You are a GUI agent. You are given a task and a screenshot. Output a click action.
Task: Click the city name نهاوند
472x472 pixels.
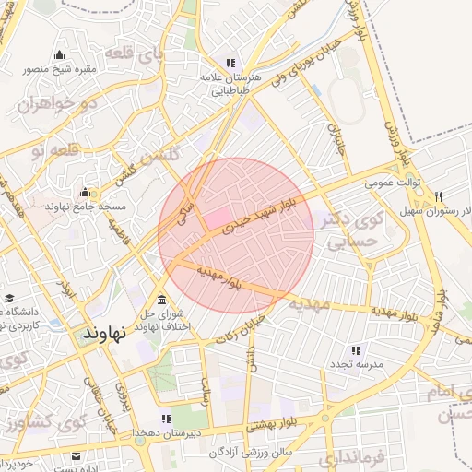102,330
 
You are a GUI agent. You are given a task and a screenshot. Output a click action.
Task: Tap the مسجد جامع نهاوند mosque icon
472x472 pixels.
86,193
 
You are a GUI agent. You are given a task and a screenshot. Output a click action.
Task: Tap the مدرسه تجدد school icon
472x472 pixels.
356,350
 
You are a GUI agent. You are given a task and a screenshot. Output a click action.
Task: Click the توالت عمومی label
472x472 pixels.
392,183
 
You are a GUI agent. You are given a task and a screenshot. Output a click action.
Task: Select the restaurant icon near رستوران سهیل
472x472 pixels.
438,196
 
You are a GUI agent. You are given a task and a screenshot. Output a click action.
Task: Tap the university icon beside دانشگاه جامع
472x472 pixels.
9,300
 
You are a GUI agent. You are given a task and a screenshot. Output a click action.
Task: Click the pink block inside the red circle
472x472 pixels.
217,218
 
